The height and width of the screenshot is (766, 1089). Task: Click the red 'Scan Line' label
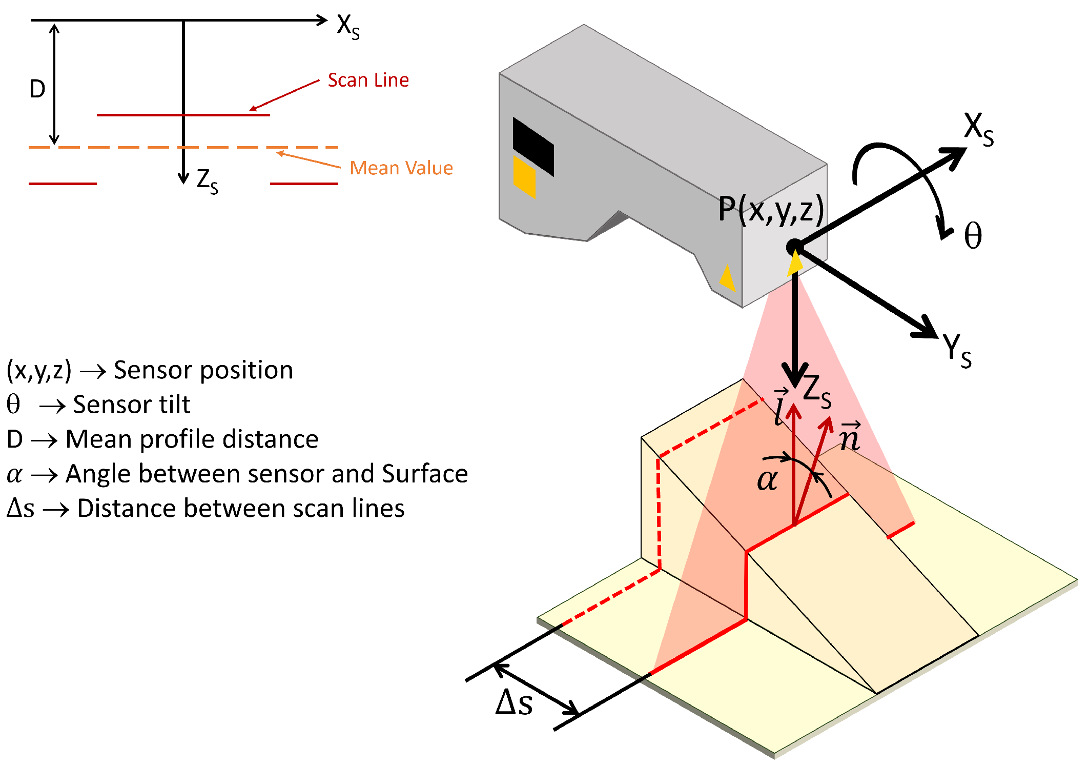[368, 80]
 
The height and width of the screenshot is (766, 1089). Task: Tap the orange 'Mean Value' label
[401, 168]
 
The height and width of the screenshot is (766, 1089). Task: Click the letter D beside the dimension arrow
[37, 89]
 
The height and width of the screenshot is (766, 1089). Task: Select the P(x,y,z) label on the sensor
[771, 209]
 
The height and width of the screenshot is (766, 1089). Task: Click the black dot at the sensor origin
[794, 248]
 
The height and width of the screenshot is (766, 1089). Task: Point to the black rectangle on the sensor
[533, 147]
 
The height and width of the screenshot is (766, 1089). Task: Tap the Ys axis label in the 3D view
[956, 350]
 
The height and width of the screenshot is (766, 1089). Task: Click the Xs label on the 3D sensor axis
[978, 129]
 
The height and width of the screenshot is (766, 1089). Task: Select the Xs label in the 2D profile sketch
[348, 26]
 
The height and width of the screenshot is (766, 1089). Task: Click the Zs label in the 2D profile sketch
[207, 181]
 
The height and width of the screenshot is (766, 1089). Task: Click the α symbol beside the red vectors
[767, 480]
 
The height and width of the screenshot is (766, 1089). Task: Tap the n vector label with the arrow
[850, 436]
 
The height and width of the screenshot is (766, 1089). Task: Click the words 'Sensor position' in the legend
[203, 370]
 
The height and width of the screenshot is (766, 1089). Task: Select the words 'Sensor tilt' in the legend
[131, 405]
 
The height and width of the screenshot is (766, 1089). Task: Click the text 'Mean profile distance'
[192, 439]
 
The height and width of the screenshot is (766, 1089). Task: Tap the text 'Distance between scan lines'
[240, 509]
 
